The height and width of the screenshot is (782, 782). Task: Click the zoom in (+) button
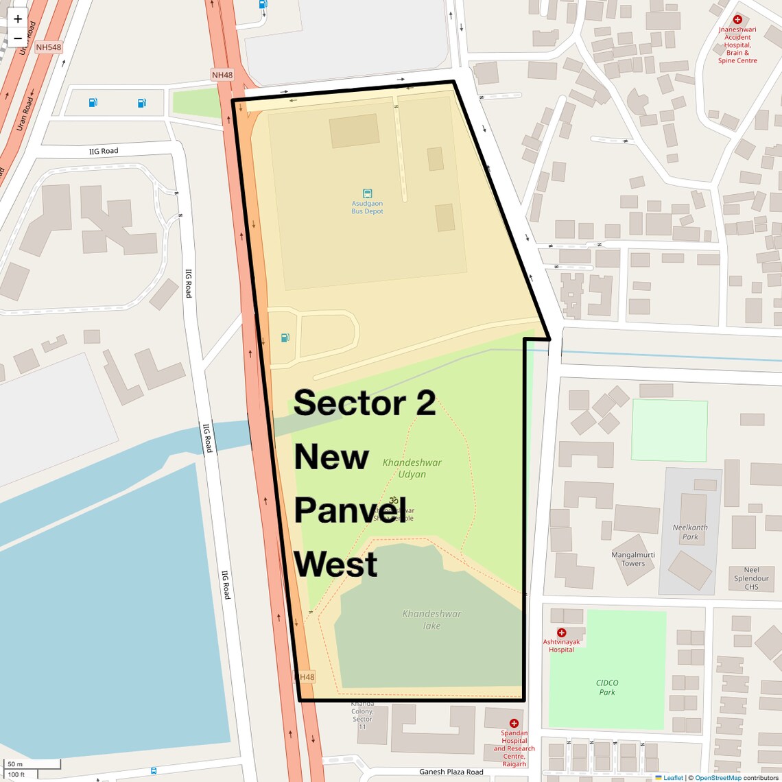(x=18, y=19)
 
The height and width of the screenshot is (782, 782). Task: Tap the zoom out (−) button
(x=18, y=38)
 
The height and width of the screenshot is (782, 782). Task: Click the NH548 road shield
(x=49, y=47)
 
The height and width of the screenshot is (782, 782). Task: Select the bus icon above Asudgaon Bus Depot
(x=367, y=193)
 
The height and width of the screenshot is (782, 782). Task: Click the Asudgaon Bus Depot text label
(x=367, y=207)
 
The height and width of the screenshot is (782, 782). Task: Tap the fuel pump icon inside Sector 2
(x=285, y=337)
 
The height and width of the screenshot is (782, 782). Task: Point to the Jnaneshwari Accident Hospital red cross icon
(x=737, y=20)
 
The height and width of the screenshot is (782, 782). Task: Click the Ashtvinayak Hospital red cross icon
(x=561, y=632)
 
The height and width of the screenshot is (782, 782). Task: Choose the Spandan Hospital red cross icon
(x=514, y=723)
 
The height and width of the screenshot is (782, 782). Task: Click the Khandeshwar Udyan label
(x=412, y=468)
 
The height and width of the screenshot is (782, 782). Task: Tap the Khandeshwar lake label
(x=431, y=619)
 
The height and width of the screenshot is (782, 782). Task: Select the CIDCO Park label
(x=607, y=687)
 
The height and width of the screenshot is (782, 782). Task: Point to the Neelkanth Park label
(x=690, y=532)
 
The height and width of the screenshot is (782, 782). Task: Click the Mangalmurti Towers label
(x=633, y=559)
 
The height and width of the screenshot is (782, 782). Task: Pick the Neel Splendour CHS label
(x=751, y=578)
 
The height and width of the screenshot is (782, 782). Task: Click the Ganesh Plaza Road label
(x=451, y=772)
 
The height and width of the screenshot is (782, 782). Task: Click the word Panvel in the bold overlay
(x=350, y=510)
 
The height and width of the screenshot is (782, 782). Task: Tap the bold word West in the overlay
(x=335, y=565)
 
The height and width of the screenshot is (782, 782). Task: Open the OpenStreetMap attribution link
(x=718, y=777)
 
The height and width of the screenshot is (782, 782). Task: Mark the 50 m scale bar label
(x=15, y=764)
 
